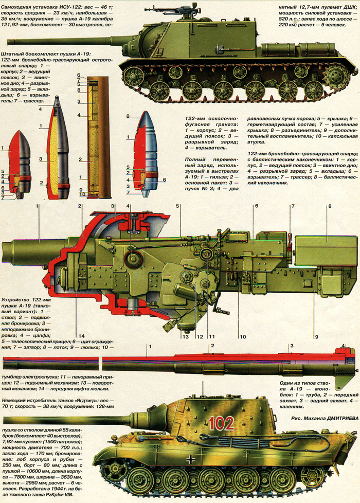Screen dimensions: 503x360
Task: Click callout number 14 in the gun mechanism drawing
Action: (x=81, y=336)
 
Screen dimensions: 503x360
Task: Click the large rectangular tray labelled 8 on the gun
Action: (x=320, y=250)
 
